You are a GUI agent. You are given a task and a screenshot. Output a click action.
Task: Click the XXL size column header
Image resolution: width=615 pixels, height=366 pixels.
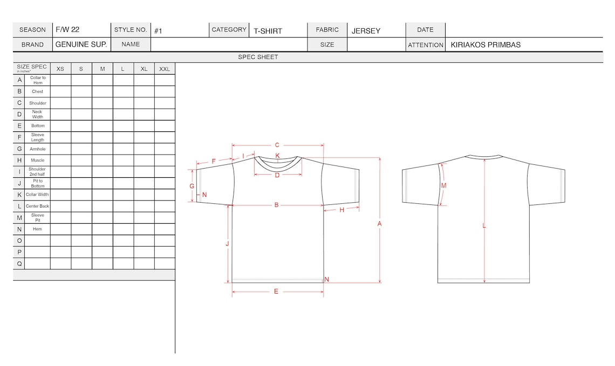[x=165, y=69]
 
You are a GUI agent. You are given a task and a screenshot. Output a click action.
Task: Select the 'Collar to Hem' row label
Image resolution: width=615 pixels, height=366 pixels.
[x=38, y=80]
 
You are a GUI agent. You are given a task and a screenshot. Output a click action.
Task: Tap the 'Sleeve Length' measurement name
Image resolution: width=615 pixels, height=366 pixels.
[x=38, y=137]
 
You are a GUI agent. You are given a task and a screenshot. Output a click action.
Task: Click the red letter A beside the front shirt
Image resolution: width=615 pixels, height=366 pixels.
[x=379, y=224]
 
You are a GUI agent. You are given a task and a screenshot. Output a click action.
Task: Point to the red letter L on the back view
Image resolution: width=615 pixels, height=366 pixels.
[x=484, y=226]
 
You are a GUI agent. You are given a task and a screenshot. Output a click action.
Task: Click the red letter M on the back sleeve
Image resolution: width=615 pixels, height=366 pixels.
[x=443, y=185]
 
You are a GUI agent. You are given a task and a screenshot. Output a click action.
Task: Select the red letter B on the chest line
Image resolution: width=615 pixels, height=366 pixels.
[x=277, y=205]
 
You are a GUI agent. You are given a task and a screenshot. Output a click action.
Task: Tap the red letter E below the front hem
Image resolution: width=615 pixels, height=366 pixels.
[x=276, y=291]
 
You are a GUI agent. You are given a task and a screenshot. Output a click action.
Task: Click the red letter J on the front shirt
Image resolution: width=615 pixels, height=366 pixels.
[x=228, y=244]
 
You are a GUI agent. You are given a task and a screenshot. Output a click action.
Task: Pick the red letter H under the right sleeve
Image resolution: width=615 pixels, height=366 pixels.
[x=342, y=210]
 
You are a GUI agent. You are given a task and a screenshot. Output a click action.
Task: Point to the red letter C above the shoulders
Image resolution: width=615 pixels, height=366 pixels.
[x=277, y=145]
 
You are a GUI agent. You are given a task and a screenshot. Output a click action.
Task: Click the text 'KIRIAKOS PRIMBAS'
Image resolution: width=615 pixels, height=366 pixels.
[x=486, y=45]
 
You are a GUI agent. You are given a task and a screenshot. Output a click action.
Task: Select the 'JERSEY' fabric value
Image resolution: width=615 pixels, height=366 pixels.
[x=366, y=31]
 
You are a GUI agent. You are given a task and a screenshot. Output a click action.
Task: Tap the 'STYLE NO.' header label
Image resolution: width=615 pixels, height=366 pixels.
[x=131, y=30]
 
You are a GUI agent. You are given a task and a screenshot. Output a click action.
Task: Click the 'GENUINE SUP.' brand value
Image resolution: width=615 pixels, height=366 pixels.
[x=81, y=44]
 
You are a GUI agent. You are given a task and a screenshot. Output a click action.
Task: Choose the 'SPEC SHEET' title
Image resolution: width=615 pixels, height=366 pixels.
[x=258, y=57]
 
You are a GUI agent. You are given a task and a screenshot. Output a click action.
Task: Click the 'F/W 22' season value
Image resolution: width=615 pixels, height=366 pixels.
[x=67, y=30]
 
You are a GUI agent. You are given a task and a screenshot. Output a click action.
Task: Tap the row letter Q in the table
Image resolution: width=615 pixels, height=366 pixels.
[x=19, y=264]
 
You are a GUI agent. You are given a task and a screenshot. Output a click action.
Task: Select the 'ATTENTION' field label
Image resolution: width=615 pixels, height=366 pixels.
[x=426, y=45]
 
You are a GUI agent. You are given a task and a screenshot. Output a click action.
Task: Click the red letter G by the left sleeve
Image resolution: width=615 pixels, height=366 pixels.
[x=192, y=185]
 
